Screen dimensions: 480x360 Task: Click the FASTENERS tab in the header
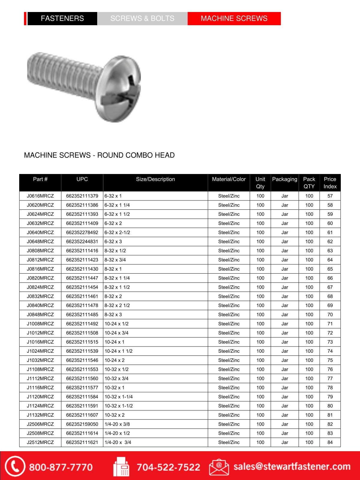pos(62,19)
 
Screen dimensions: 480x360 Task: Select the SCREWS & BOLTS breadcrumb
pos(142,19)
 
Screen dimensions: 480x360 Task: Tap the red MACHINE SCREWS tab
pos(234,19)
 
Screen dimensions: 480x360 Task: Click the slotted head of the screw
pos(120,89)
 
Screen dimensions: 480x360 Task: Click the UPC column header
pos(82,179)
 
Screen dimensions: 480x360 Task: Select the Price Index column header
pos(330,183)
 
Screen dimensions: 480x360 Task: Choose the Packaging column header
pos(284,179)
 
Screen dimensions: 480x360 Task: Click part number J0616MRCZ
pos(40,196)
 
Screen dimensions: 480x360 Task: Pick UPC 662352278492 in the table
pos(82,232)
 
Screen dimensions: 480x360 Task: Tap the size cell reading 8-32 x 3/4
pos(115,260)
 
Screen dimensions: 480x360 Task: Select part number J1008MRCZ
pos(40,324)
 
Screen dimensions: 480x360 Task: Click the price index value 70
pos(330,315)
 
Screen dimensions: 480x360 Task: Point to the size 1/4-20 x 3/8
pos(117,424)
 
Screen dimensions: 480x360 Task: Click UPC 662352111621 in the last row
pos(82,442)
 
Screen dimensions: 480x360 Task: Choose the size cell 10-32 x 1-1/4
pos(118,397)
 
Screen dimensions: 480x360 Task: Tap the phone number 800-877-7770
pos(61,467)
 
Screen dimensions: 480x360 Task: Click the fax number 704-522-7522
pos(168,467)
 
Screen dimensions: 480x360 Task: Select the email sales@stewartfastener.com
pos(292,466)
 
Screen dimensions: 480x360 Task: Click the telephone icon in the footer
pos(14,466)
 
